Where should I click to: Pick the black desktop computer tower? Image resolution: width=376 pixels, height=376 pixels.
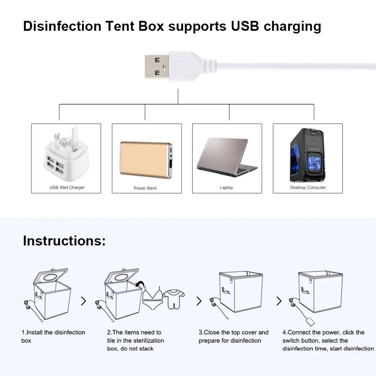308,155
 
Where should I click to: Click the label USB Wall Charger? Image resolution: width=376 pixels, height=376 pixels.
67,187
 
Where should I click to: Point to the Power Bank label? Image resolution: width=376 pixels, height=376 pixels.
145,188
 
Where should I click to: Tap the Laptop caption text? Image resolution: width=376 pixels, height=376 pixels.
226,187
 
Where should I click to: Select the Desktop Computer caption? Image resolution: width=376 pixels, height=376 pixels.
308,187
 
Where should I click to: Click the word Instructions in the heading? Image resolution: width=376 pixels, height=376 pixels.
64,241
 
